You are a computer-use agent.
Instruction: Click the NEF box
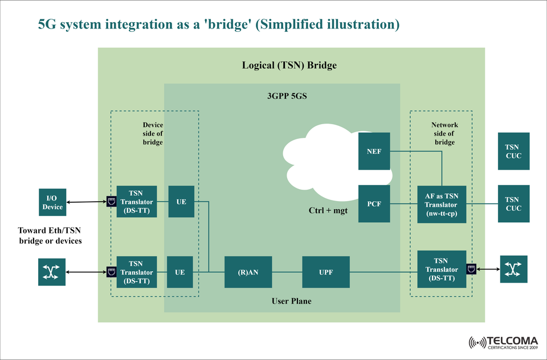pyautogui.click(x=374, y=151)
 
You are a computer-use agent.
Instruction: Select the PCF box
pyautogui.click(x=374, y=203)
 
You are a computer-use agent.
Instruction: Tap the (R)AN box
pyautogui.click(x=248, y=272)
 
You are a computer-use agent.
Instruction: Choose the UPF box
pyautogui.click(x=325, y=272)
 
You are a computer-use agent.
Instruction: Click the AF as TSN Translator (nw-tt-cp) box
pyautogui.click(x=442, y=204)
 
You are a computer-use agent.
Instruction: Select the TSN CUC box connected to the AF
pyautogui.click(x=513, y=203)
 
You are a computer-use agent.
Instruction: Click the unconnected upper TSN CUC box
pyautogui.click(x=513, y=151)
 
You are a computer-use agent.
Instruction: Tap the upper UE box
pyautogui.click(x=181, y=201)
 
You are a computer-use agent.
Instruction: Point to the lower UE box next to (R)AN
pyautogui.click(x=180, y=272)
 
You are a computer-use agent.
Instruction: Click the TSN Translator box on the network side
pyautogui.click(x=442, y=269)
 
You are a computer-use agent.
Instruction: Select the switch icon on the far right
pyautogui.click(x=514, y=269)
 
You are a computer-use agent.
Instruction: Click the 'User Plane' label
pyautogui.click(x=291, y=300)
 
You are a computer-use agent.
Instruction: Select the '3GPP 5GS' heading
pyautogui.click(x=287, y=96)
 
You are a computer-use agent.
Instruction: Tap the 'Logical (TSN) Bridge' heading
pyautogui.click(x=289, y=65)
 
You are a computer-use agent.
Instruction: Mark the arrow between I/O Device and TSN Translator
pyautogui.click(x=86, y=202)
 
